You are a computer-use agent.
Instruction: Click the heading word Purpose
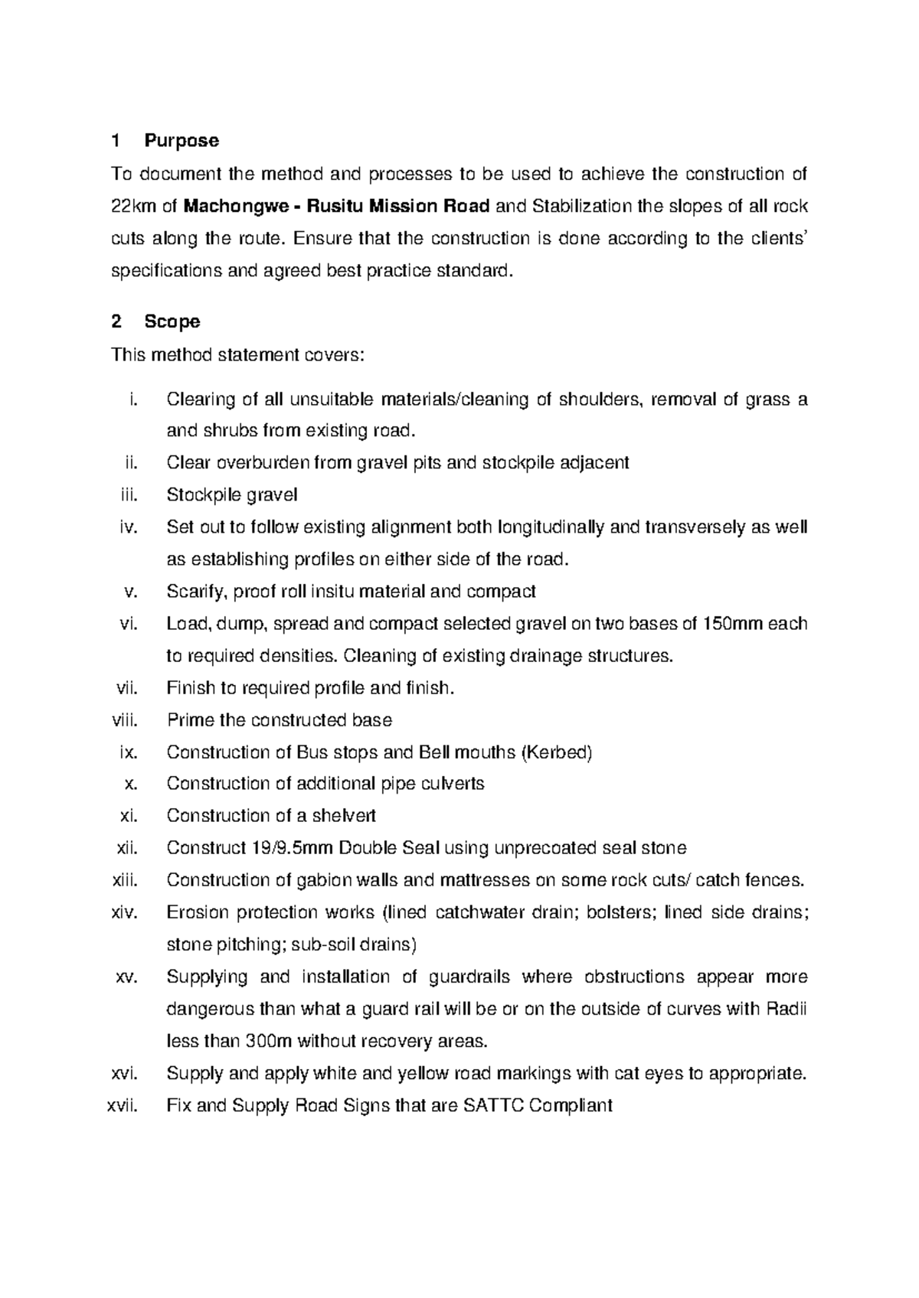pos(181,141)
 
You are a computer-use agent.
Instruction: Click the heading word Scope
pos(172,321)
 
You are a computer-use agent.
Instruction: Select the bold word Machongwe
pos(234,206)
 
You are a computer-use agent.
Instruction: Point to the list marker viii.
pos(124,720)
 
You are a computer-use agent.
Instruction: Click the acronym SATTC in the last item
pos(492,1105)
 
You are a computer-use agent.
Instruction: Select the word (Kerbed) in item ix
pos(556,752)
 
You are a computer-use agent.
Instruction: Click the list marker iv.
pos(129,527)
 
